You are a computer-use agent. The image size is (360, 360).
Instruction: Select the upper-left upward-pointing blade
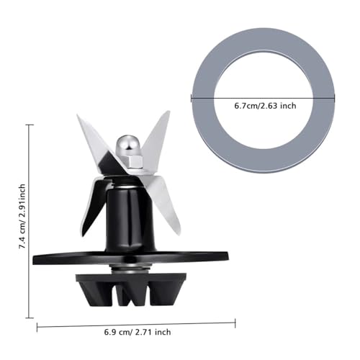coord(96,142)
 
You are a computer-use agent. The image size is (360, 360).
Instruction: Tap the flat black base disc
coord(130,258)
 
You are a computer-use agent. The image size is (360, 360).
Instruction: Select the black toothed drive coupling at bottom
coord(131,290)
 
